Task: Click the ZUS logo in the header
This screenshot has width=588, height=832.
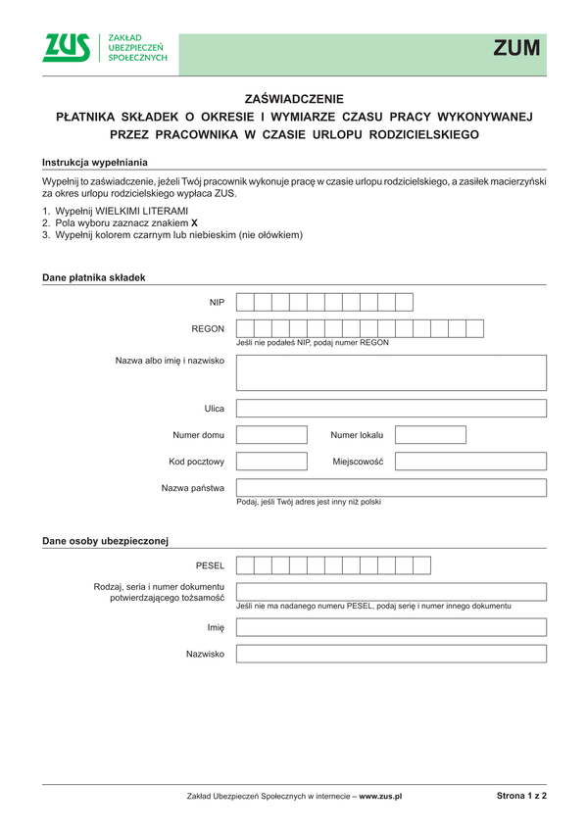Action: click(x=67, y=47)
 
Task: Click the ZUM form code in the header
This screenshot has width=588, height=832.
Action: click(x=516, y=48)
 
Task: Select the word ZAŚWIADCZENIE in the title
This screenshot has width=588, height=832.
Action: click(x=294, y=99)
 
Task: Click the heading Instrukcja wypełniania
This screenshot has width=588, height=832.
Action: click(x=95, y=161)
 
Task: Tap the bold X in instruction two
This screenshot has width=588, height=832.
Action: click(x=167, y=223)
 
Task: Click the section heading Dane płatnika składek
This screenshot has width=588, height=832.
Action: click(x=93, y=277)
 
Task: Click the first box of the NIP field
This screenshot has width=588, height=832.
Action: click(x=245, y=302)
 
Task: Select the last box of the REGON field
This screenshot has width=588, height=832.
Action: click(x=475, y=328)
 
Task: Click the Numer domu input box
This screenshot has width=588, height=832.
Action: click(x=271, y=435)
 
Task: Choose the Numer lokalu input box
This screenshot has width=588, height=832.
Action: click(x=430, y=435)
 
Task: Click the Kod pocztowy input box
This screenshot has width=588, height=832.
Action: click(x=271, y=462)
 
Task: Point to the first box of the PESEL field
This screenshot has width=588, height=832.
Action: click(x=245, y=565)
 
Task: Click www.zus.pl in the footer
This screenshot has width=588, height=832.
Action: click(x=381, y=798)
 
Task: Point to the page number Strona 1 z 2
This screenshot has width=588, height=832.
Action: click(x=521, y=797)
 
